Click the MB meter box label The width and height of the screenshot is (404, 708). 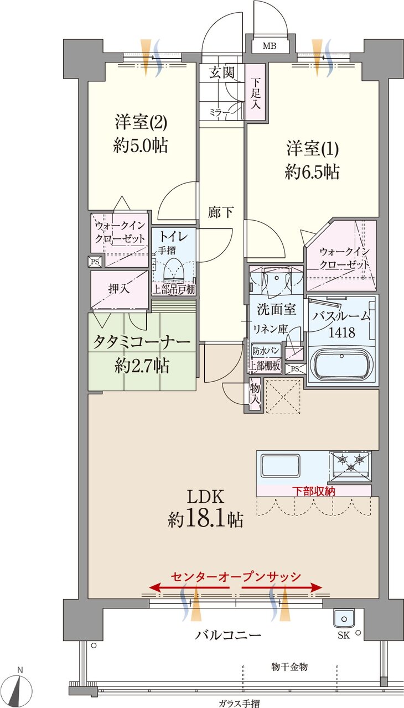(270, 45)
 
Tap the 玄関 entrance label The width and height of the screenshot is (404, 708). (221, 72)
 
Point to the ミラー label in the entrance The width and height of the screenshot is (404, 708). (219, 112)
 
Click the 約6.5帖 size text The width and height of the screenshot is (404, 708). (312, 172)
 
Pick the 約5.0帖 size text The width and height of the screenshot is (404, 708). (141, 145)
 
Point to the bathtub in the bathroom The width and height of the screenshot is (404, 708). (340, 365)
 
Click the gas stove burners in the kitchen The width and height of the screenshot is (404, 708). (350, 463)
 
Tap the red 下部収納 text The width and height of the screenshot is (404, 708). (314, 491)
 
